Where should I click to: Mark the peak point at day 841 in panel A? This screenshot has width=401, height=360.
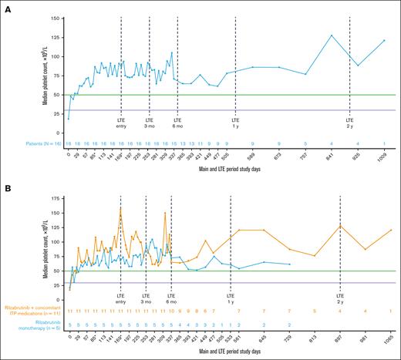[x=332, y=35]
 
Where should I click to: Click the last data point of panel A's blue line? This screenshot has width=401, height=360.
[x=384, y=40]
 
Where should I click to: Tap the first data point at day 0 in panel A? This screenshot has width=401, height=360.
[x=69, y=119]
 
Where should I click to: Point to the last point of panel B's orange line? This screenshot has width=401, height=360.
[x=391, y=230]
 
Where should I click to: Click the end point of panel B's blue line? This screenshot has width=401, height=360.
[x=289, y=264]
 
